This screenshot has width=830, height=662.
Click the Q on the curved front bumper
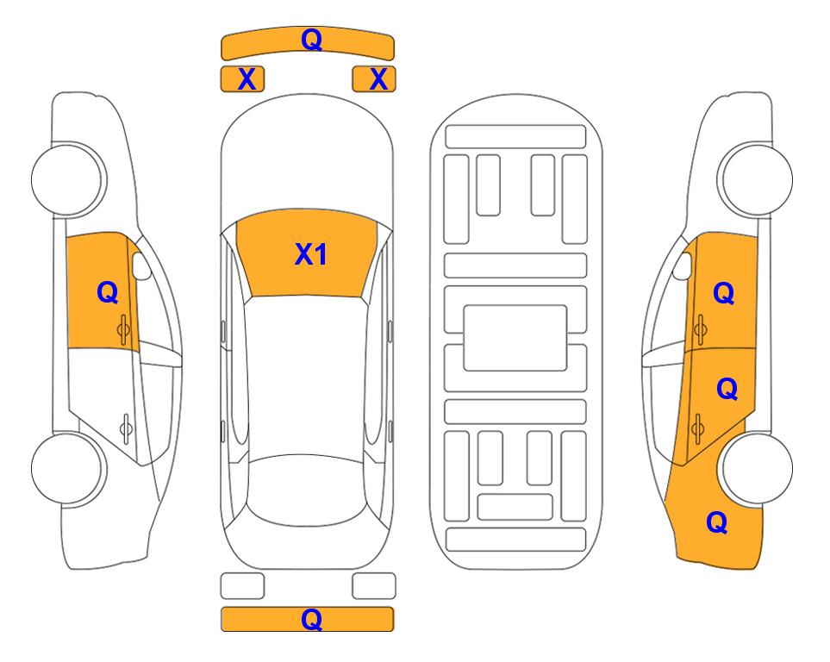point(311,39)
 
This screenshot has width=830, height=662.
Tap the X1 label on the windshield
point(311,254)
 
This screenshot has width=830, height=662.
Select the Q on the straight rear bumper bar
point(311,619)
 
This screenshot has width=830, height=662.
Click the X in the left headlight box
point(247,79)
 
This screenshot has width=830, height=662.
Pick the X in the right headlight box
point(378,79)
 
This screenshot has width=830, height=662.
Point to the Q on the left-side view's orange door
point(108,292)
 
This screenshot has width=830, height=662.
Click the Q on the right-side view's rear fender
point(717,522)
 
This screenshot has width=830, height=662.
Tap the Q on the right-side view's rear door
point(727,389)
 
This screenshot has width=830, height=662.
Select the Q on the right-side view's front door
point(724,293)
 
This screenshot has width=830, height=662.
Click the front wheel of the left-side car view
point(67,179)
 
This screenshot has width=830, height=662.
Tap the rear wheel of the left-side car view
point(67,468)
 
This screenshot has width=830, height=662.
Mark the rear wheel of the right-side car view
point(757,468)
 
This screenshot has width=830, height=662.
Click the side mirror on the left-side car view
point(141,265)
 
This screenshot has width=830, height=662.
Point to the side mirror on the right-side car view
point(683,265)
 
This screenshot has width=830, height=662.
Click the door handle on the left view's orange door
point(124,329)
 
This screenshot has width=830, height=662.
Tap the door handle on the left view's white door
point(126,428)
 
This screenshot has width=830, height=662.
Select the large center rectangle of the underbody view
point(515,338)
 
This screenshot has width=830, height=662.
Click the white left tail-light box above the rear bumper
point(242,586)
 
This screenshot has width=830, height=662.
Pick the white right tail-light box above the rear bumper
point(374,586)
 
